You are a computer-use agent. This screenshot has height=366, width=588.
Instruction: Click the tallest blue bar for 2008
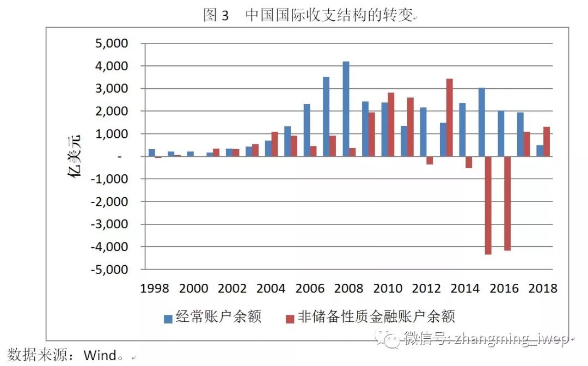click(346, 109)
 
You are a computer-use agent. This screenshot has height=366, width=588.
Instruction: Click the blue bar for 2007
click(326, 117)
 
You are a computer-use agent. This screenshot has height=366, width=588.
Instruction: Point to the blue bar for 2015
click(481, 122)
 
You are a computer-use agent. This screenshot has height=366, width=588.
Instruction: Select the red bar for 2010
click(390, 125)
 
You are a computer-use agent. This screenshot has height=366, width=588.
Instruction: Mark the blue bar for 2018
click(540, 150)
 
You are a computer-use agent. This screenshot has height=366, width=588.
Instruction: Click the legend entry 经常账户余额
click(218, 316)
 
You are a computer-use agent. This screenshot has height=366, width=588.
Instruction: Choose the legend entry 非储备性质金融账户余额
click(376, 316)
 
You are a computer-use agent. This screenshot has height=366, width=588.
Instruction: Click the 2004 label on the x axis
click(271, 289)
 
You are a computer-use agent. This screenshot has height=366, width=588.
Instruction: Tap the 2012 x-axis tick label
click(426, 289)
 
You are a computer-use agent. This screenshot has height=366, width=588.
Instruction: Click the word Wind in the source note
click(100, 356)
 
